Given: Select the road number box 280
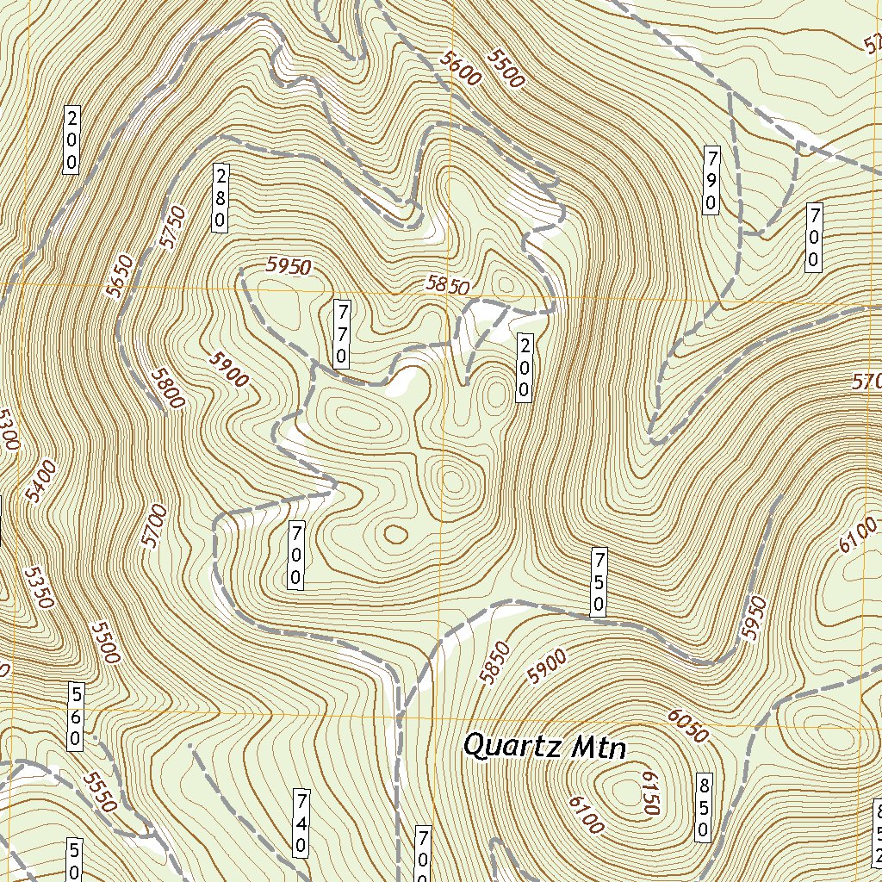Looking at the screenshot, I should coord(220,197).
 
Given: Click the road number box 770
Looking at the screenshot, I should coord(342,333).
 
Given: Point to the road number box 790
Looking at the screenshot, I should coord(711,180).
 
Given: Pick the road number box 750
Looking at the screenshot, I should coord(598,581).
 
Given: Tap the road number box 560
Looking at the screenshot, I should coord(76,716).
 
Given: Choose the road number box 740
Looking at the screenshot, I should coord(301,822).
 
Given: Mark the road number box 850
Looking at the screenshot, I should coord(704,807).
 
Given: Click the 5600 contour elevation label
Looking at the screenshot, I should coord(459,66).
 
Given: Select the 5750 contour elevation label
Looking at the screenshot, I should coord(172,227).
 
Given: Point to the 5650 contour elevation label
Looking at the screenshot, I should coord(120,276).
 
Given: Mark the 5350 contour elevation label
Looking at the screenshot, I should coord(39,587).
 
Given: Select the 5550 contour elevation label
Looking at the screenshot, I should coord(99,792).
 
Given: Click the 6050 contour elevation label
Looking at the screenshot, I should coord(687,726).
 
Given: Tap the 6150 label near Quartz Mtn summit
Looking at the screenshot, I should coord(649,792).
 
